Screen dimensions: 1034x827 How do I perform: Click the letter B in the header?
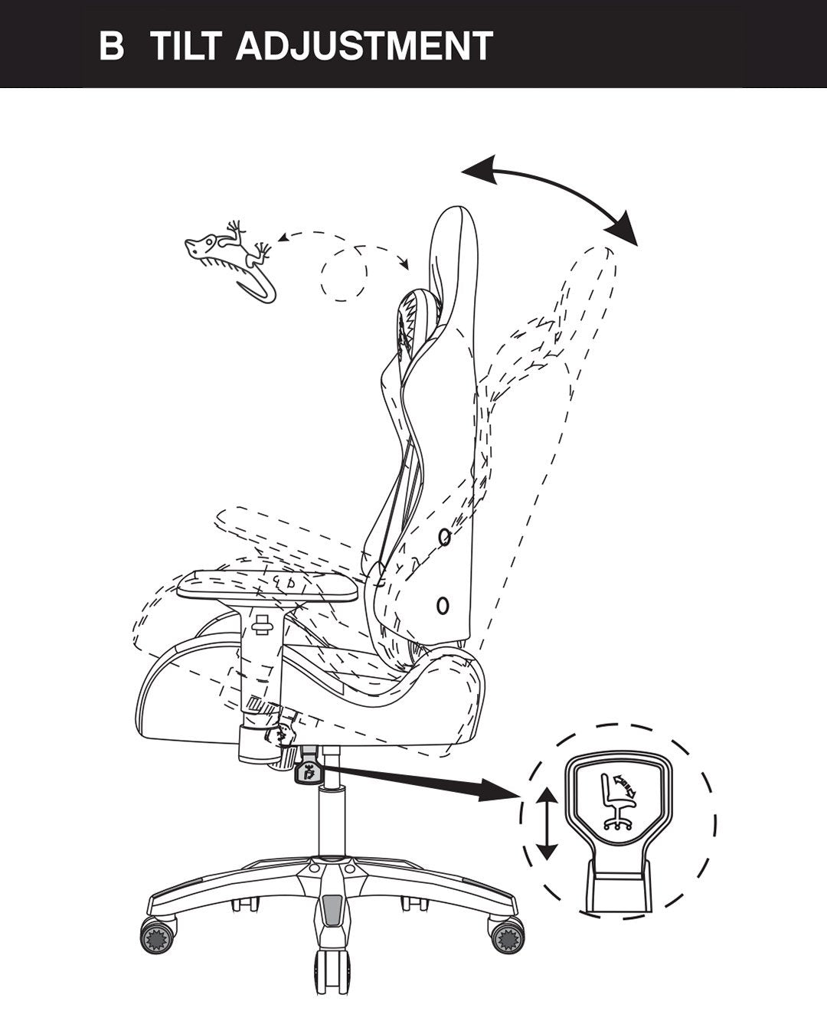pos(111,47)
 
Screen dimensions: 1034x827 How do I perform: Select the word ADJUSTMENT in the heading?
pos(364,47)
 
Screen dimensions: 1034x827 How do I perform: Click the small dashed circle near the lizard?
pos(344,273)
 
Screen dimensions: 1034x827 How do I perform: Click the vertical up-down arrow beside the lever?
pos(545,824)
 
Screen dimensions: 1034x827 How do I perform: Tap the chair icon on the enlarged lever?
pos(617,800)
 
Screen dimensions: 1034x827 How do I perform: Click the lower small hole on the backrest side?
pos(442,606)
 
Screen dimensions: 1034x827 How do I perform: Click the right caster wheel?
pos(505,936)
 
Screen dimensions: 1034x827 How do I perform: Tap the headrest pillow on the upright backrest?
pos(417,322)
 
